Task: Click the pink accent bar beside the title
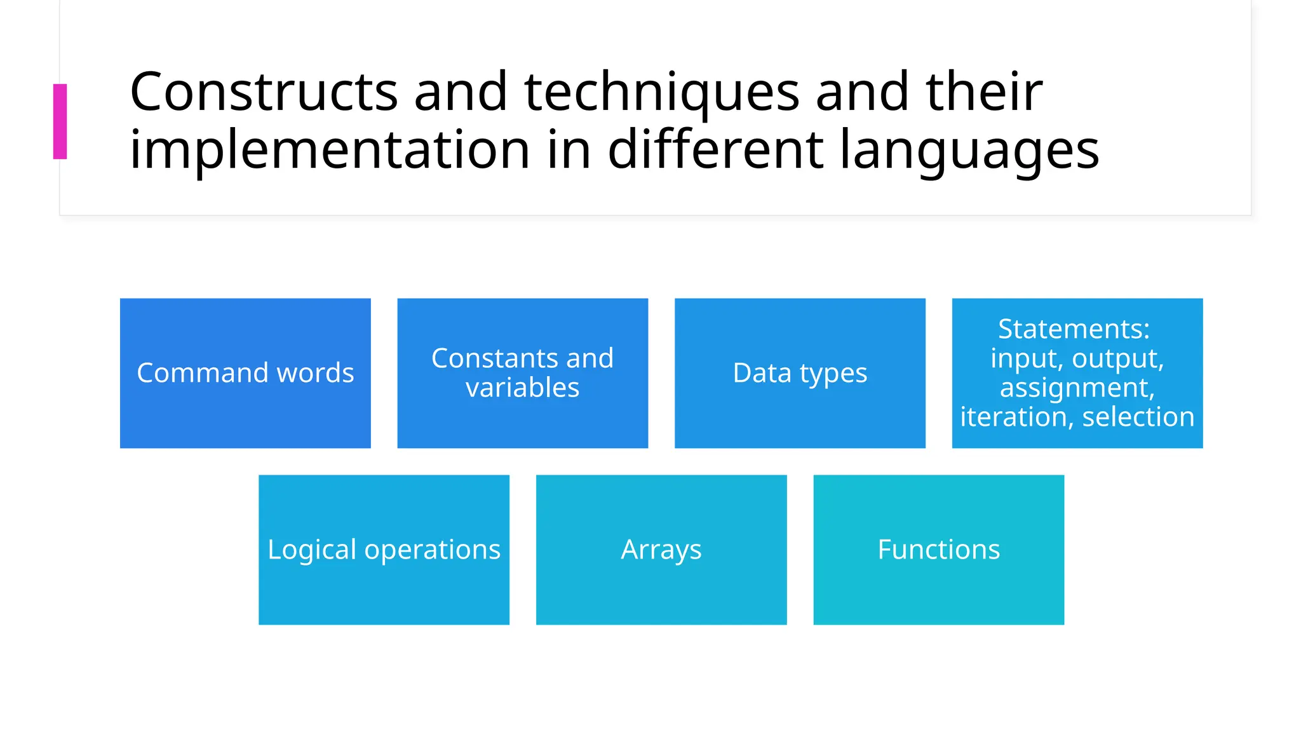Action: point(60,121)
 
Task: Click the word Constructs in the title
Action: point(263,92)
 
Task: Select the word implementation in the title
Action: point(329,150)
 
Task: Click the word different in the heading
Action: point(717,150)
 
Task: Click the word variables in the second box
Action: point(522,388)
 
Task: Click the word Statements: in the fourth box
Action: point(1074,329)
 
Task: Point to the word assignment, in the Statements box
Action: point(1077,388)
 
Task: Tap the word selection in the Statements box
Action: point(1138,417)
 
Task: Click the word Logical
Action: point(311,550)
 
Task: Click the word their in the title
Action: point(983,92)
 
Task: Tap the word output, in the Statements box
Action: point(1117,358)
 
